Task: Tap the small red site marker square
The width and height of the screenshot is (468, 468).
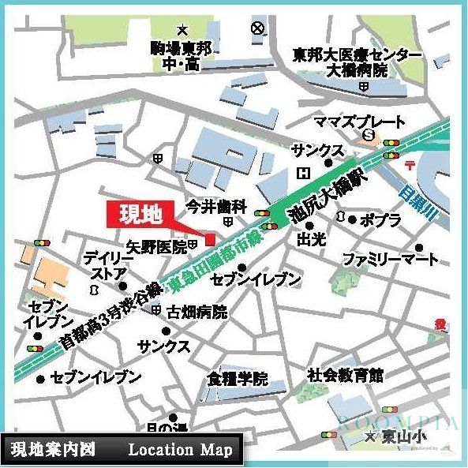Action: click(209, 240)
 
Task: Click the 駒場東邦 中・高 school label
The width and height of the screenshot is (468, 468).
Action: click(181, 54)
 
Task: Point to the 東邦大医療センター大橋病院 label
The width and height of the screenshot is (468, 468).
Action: click(351, 62)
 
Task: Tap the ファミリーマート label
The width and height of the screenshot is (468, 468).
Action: click(390, 259)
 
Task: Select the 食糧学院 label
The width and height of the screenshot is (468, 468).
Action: click(238, 377)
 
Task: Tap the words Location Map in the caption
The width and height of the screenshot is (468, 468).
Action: click(181, 450)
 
